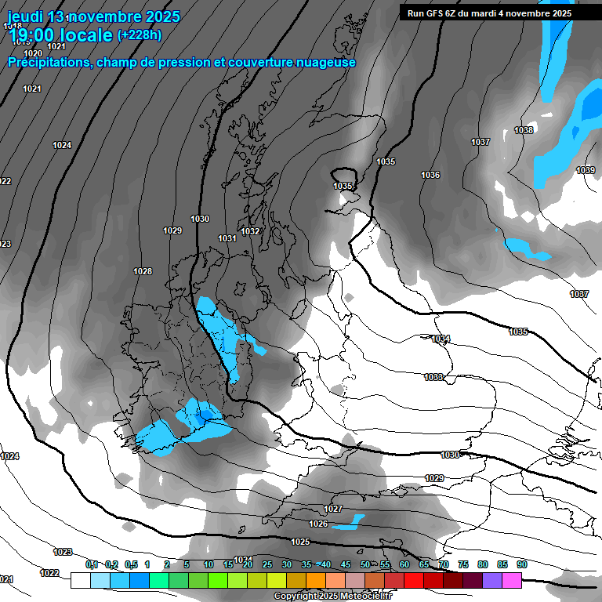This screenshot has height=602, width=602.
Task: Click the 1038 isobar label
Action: tap(524, 130)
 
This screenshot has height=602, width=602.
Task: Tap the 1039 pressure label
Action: tap(586, 170)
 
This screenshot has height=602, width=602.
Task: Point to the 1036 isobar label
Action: tap(430, 175)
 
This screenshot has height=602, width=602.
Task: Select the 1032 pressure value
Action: tap(251, 231)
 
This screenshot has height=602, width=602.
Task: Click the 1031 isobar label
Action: tap(227, 238)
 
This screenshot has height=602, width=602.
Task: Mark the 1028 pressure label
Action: tap(143, 271)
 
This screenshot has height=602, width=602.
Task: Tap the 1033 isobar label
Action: tap(433, 377)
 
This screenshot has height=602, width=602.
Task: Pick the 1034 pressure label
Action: tap(441, 339)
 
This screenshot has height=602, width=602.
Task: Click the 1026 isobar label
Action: tap(318, 524)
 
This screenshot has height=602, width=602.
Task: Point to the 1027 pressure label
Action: tap(333, 509)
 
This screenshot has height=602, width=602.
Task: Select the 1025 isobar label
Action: tap(300, 542)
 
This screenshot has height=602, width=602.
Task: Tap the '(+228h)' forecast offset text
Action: tap(140, 34)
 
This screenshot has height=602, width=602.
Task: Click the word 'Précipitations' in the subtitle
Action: tap(49, 62)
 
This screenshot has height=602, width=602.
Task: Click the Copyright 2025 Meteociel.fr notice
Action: tap(332, 597)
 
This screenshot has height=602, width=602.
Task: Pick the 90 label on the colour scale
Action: tap(522, 564)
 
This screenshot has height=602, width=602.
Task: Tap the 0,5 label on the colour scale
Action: tap(131, 564)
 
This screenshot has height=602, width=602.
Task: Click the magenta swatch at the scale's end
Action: tap(512, 580)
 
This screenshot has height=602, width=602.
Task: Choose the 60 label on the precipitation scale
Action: tap(404, 564)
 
